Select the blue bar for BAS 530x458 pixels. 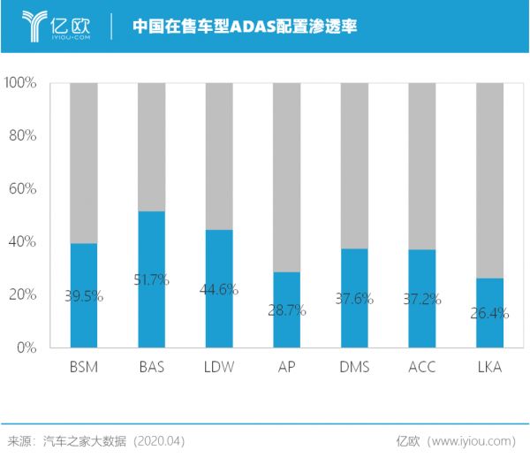pos(151,309)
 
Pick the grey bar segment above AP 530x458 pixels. pos(287,177)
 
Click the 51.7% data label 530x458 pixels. pos(151,280)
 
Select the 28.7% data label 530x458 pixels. pos(287,310)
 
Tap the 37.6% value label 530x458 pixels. pos(354,299)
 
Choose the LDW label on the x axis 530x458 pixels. pos(219,367)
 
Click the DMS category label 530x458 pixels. pos(354,367)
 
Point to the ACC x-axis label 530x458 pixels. pos(422,367)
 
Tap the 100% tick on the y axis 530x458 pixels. pos(19,83)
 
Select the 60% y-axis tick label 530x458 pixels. pos(22,188)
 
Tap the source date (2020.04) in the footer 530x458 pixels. pos(158,439)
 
